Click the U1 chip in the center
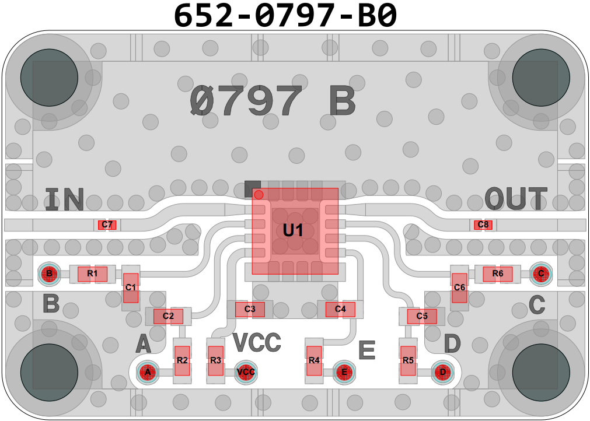[x=295, y=231]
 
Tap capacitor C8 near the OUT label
[x=483, y=224]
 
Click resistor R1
[x=92, y=273]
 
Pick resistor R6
[x=498, y=273]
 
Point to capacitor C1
[x=131, y=287]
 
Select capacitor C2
[x=168, y=316]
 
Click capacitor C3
[x=250, y=309]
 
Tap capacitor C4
[x=340, y=309]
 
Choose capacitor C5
[x=422, y=316]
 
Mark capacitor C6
[x=459, y=287]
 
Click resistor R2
[x=182, y=360]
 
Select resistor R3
[x=216, y=360]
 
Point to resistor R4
[x=315, y=360]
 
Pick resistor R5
[x=408, y=360]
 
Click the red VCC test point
[x=246, y=371]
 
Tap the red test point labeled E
[x=344, y=371]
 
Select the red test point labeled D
[x=443, y=371]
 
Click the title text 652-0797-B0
[x=286, y=16]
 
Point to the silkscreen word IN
[x=65, y=199]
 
